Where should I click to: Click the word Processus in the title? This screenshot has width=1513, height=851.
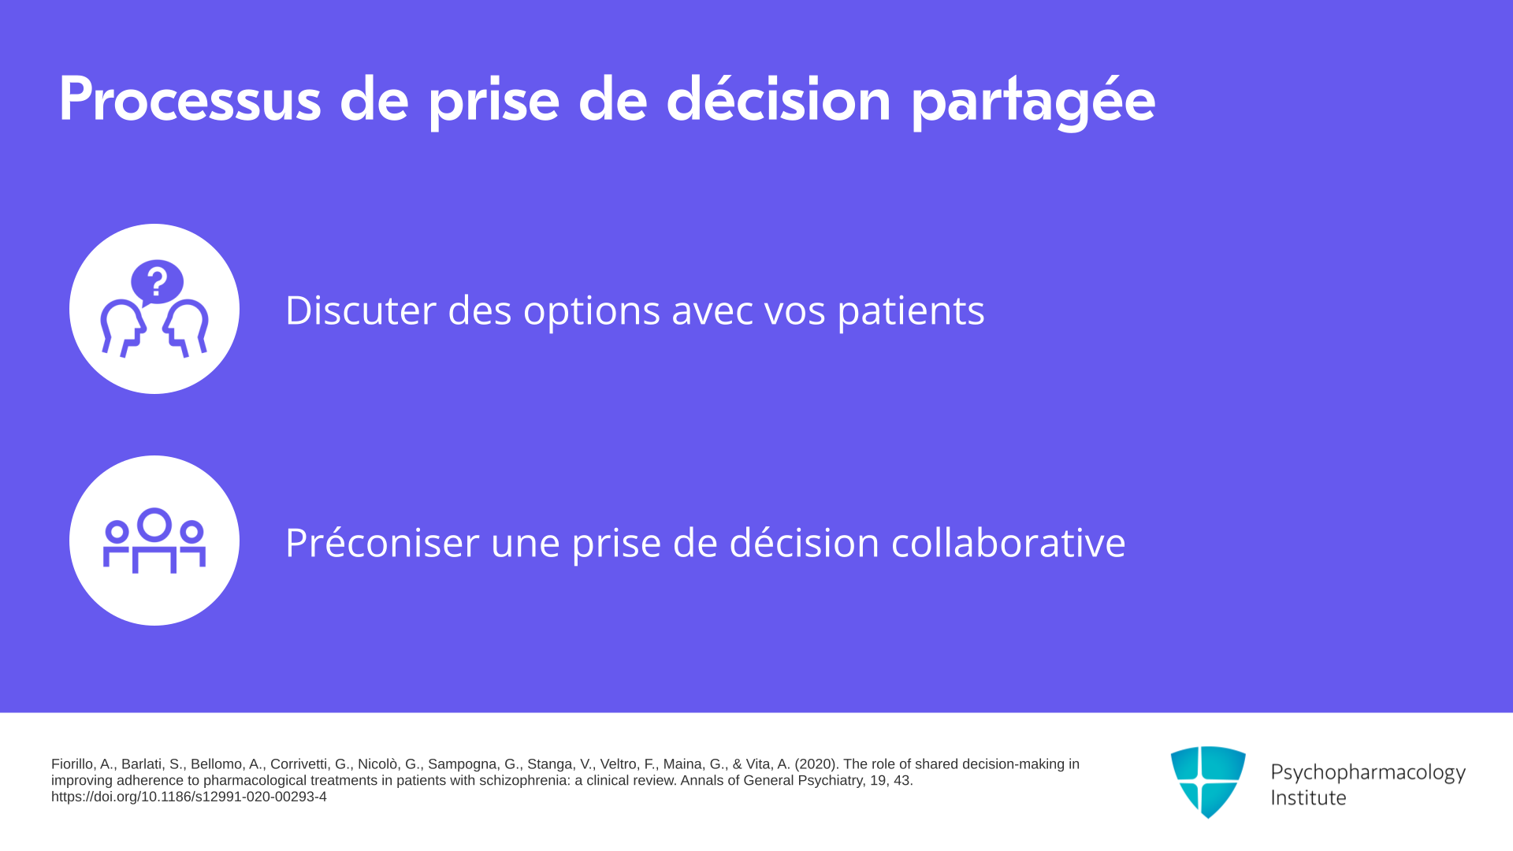[190, 99]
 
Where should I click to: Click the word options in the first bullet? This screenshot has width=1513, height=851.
[591, 311]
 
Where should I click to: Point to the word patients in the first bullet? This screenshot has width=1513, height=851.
[911, 311]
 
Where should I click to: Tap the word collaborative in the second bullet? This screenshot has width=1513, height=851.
[1008, 542]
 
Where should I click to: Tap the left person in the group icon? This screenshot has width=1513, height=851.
[117, 544]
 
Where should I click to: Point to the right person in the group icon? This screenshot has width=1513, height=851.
[191, 544]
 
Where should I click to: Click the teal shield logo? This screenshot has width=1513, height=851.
[1208, 782]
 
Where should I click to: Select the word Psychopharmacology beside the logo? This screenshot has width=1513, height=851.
[1368, 773]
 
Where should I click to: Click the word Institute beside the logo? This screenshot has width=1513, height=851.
[1308, 797]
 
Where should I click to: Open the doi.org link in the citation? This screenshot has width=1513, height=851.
[189, 797]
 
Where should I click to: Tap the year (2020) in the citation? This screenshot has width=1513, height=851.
[816, 764]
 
